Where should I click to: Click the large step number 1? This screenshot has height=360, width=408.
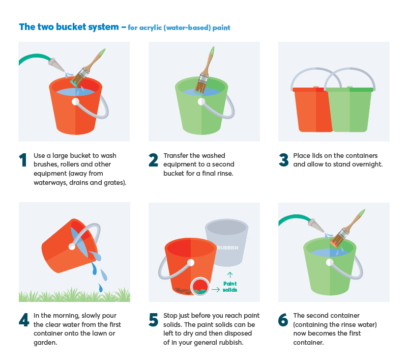point(23,160)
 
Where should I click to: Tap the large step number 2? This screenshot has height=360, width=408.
point(153,160)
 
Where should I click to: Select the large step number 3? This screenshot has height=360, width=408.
point(283,160)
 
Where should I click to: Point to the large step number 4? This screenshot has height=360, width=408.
point(24,320)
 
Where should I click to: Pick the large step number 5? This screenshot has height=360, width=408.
point(153,320)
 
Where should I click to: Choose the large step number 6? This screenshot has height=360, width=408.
point(283,320)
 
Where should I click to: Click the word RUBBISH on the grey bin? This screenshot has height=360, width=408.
point(227,248)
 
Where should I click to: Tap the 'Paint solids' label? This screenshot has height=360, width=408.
point(230,287)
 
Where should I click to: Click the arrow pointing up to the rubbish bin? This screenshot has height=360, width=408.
point(230,275)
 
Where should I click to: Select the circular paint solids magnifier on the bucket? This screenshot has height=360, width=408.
point(200,287)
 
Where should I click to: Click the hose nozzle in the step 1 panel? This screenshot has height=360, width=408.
point(56,64)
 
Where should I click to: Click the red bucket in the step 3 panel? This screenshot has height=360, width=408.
point(312,109)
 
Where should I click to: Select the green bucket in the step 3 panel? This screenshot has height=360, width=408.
point(349,109)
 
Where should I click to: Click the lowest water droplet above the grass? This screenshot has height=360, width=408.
point(100,288)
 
